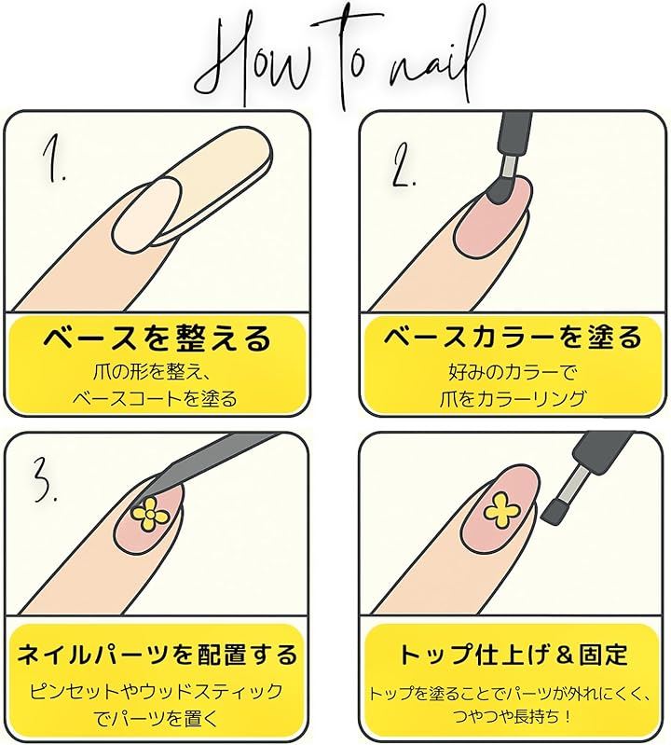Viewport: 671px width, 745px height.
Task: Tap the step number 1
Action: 53,160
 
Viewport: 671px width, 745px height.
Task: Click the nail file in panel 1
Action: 218,185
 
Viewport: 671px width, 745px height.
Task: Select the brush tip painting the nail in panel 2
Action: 500,190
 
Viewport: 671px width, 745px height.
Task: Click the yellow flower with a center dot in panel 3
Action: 148,514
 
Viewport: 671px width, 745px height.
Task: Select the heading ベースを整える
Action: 157,338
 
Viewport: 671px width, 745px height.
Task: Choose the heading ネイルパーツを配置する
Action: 157,654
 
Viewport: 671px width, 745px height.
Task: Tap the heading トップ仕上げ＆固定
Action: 513,654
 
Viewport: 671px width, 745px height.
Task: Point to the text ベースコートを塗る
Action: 155,398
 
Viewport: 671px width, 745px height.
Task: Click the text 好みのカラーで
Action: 513,372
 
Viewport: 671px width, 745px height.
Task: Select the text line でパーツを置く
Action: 156,718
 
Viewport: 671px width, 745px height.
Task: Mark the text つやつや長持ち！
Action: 513,715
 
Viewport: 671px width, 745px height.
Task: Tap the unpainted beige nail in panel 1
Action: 148,214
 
